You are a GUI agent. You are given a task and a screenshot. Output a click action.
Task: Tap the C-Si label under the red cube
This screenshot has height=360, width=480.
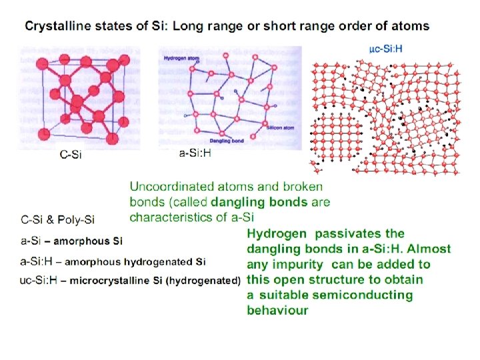click(71, 157)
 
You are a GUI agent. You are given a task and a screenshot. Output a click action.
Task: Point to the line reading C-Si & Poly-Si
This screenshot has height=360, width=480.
click(58, 219)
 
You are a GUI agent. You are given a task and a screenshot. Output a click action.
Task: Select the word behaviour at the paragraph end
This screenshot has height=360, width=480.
click(277, 310)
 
